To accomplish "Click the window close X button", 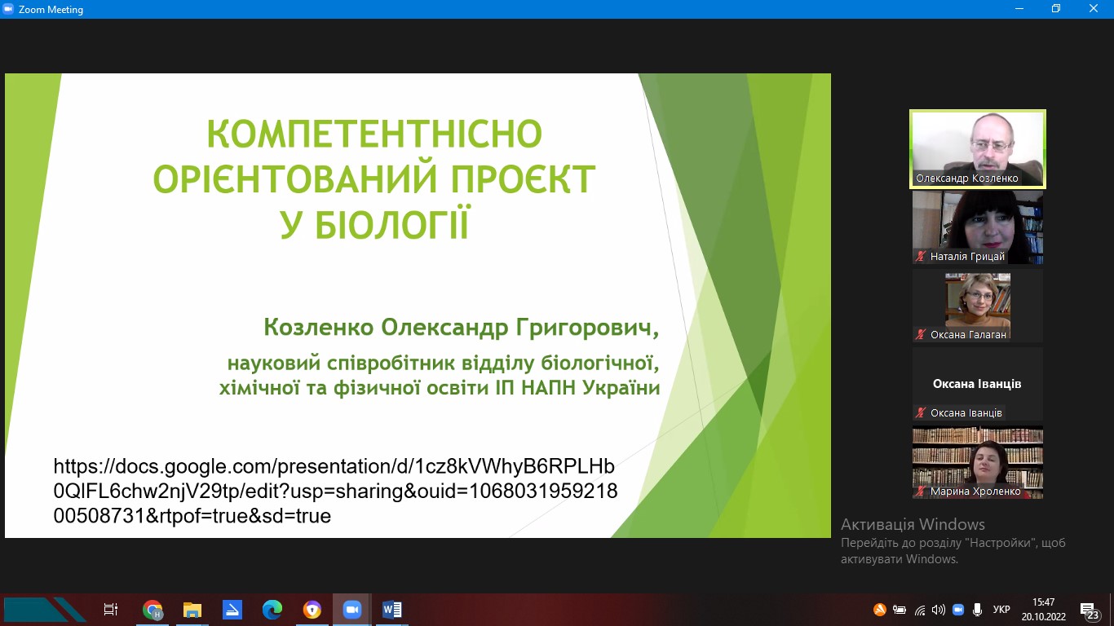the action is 1093,8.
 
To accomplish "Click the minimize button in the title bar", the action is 1019,9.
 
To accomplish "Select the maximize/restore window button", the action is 1056,8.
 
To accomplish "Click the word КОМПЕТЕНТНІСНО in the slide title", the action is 374,134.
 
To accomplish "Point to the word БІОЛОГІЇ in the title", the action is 392,224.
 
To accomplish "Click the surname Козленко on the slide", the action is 318,327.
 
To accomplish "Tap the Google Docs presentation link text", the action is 334,491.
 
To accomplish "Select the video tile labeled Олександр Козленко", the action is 977,149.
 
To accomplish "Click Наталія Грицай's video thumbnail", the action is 977,227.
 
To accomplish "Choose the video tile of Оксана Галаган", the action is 977,306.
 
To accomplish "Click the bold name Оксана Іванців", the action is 977,384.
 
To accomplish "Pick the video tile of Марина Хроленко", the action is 977,462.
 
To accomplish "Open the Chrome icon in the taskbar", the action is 153,610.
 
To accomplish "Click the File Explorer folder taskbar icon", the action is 192,610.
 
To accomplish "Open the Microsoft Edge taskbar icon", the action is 272,610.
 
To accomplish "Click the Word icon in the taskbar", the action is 392,610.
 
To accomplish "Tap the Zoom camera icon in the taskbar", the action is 351,610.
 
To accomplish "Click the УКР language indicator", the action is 1001,610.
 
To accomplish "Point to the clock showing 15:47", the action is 1043,602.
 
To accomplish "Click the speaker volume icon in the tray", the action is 938,610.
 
